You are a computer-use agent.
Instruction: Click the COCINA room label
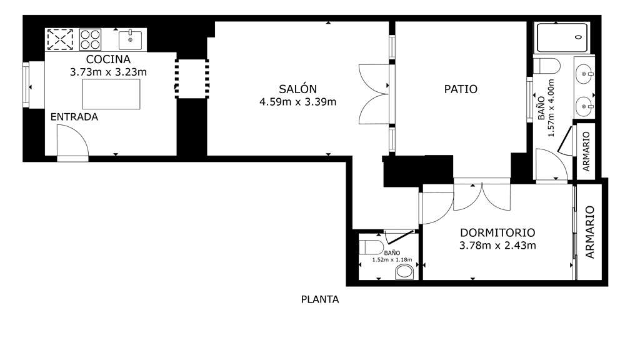click(108, 59)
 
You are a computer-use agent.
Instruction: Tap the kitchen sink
click(130, 40)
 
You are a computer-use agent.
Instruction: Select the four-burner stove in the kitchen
click(90, 39)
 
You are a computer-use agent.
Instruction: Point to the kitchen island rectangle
click(111, 94)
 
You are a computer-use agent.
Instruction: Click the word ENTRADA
click(74, 117)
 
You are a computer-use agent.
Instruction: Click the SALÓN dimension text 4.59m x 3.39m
click(298, 102)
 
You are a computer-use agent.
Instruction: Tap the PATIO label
click(461, 89)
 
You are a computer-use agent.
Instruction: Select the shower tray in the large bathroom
click(562, 37)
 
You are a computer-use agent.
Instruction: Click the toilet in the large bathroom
click(547, 66)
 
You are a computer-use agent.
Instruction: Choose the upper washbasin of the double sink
click(584, 75)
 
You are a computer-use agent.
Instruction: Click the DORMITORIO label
click(497, 232)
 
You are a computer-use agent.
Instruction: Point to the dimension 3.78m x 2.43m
click(497, 246)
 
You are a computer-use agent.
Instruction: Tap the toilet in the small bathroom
click(371, 247)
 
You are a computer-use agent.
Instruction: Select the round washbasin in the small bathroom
click(404, 271)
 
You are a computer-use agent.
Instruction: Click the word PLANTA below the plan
click(320, 299)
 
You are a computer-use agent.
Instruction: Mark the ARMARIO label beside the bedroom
click(590, 232)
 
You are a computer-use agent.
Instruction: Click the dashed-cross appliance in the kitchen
click(61, 39)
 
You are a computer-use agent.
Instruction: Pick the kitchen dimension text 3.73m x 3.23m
click(108, 72)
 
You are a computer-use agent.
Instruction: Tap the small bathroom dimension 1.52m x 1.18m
click(392, 260)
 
